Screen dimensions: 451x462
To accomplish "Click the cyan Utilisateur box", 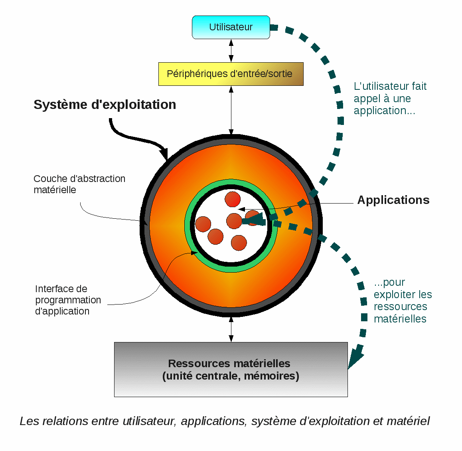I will point(231,27).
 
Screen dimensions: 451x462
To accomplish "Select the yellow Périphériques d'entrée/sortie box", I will point(231,74).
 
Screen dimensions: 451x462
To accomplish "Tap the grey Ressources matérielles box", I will point(231,369).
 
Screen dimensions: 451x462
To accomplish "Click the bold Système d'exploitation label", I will point(105,105).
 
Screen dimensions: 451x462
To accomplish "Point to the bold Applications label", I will point(393,200).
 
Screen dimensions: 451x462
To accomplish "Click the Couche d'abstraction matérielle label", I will point(79,184).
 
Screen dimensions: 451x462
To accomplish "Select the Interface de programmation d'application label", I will point(68,300).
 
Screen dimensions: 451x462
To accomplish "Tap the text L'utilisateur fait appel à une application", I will point(390,98).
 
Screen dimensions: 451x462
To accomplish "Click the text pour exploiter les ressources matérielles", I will point(402,301).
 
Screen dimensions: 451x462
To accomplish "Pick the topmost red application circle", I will point(233,200).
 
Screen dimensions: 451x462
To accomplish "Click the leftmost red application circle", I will point(203,224).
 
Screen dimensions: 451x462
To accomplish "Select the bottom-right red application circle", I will point(239,243).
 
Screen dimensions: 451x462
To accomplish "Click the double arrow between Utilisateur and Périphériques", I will point(231,51).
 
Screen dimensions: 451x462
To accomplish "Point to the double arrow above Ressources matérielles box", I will point(231,329).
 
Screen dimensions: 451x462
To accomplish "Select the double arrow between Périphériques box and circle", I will point(231,110).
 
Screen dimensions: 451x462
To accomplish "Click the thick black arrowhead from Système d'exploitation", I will point(165,154).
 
